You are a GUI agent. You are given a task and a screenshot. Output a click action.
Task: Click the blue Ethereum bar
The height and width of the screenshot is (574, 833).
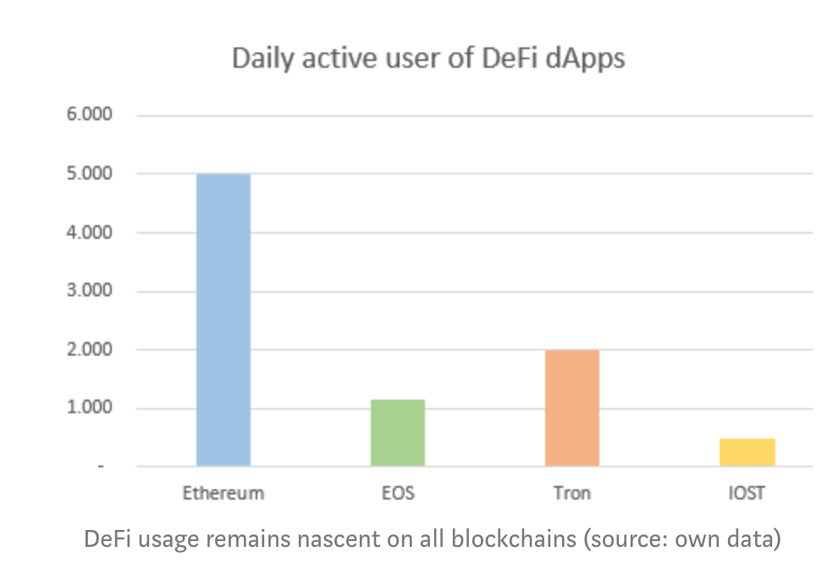coord(223,320)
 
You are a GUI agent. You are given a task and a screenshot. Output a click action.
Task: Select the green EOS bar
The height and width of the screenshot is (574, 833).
coord(398,433)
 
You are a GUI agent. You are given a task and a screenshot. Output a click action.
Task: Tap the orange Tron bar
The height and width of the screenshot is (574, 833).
coord(572,408)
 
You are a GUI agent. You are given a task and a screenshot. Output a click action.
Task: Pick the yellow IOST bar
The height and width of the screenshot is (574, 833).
coord(747,452)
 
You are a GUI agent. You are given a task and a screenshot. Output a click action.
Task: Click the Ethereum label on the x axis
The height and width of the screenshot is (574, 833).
coord(223,494)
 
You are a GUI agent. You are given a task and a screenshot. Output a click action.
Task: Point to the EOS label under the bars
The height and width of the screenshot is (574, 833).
coord(398,494)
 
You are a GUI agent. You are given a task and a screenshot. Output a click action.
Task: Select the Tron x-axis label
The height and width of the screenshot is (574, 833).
coord(572,494)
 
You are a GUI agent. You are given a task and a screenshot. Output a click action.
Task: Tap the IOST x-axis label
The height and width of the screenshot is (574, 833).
coord(747,494)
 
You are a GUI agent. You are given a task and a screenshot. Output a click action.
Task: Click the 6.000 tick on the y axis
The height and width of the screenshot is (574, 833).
coord(89,114)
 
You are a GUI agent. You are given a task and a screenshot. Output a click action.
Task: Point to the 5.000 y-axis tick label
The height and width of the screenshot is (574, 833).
coord(89,174)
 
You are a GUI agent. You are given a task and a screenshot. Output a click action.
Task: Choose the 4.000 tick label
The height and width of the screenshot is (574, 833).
coord(89,232)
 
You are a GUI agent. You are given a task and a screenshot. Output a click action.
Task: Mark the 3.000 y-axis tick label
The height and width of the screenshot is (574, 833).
coord(89,290)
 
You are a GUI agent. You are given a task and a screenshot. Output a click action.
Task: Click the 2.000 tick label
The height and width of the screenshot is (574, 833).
coord(89,350)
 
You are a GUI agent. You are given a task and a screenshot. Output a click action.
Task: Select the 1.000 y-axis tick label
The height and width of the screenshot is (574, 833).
coord(89,408)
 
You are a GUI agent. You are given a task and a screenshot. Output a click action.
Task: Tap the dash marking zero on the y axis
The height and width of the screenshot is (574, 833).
coord(101,466)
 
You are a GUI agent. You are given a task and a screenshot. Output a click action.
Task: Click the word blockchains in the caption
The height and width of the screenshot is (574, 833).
coord(514,539)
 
